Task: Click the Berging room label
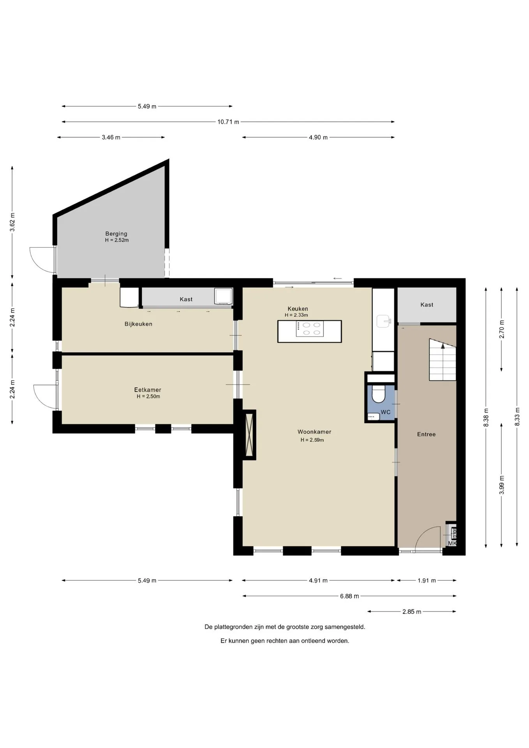(116, 234)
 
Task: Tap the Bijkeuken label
(138, 324)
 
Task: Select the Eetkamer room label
(148, 390)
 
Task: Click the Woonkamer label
(314, 432)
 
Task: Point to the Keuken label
(298, 309)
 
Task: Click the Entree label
(426, 434)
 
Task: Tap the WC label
(385, 412)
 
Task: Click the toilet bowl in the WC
(378, 394)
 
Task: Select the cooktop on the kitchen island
(310, 329)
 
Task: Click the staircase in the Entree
(443, 360)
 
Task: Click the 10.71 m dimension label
(228, 122)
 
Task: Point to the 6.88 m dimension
(349, 596)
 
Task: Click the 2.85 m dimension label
(412, 612)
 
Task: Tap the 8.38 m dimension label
(486, 417)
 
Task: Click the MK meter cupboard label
(452, 543)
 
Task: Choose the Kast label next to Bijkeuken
(186, 299)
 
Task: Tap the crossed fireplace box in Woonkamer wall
(249, 434)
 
